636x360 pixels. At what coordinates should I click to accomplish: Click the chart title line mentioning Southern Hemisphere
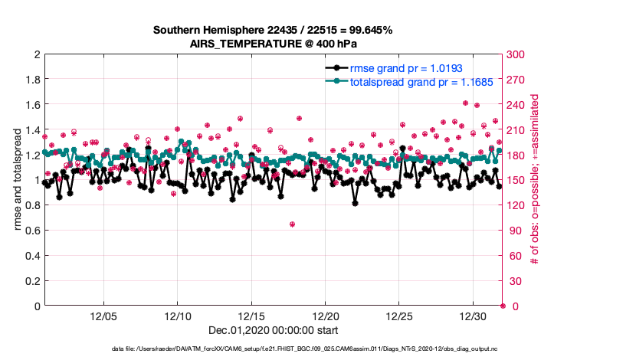click(273, 31)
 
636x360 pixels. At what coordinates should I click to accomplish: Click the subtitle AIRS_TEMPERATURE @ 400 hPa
click(273, 44)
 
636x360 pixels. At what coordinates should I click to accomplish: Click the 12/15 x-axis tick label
click(251, 316)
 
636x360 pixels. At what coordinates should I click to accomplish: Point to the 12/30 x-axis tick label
click(473, 316)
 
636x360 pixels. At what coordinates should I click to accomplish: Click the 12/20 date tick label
click(325, 316)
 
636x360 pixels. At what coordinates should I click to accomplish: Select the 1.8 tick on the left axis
click(32, 80)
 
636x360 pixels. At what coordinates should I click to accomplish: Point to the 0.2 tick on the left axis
click(32, 281)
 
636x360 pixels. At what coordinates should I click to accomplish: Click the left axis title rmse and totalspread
click(18, 180)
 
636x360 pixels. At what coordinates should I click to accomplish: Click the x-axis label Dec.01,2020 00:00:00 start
click(273, 330)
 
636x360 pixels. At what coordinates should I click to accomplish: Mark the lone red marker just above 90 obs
click(293, 224)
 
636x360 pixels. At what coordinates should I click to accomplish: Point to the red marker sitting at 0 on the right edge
click(503, 306)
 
